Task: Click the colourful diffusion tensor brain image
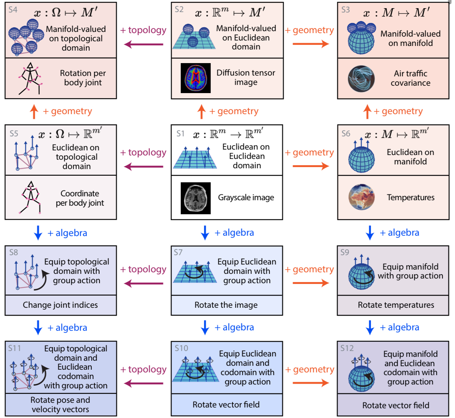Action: point(196,78)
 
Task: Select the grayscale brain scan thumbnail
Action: point(196,198)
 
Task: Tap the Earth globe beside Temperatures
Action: point(362,198)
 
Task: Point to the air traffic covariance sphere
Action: point(361,78)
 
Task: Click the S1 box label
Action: point(180,134)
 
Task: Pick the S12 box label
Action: point(347,348)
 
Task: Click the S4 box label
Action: point(13,10)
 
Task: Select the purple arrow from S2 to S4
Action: point(143,44)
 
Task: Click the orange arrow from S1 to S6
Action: point(310,166)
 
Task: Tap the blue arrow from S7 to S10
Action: point(205,328)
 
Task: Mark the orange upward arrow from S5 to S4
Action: point(34,111)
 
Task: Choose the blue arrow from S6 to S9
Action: point(370,233)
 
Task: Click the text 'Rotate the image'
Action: point(226,305)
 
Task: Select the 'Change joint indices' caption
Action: point(60,305)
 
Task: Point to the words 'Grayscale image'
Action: point(246,198)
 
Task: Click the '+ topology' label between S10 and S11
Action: point(143,369)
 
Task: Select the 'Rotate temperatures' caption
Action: point(396,305)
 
